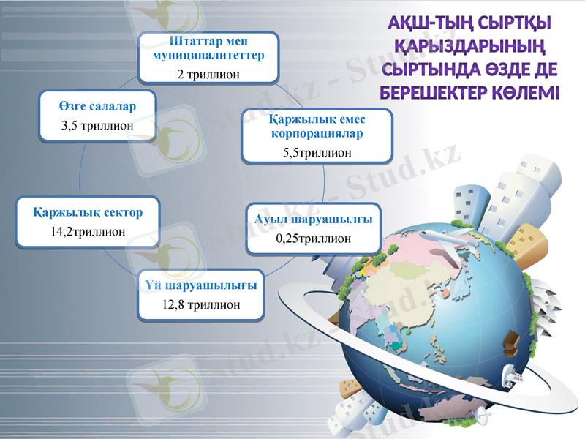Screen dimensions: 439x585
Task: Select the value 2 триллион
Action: coord(208,74)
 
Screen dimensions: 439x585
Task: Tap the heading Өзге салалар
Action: coord(97,106)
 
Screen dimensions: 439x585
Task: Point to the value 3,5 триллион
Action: coord(97,125)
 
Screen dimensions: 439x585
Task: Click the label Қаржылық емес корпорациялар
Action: coord(317,126)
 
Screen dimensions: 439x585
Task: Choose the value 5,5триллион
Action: coord(317,153)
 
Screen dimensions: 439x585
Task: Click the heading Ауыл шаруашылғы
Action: coord(313,219)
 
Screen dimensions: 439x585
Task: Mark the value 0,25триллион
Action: coord(313,239)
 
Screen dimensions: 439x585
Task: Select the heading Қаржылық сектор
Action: coord(88,212)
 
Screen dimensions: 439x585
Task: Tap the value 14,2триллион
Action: coord(88,231)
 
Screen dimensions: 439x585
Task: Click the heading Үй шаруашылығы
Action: coord(200,285)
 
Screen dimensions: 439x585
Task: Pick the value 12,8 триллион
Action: coord(200,304)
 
